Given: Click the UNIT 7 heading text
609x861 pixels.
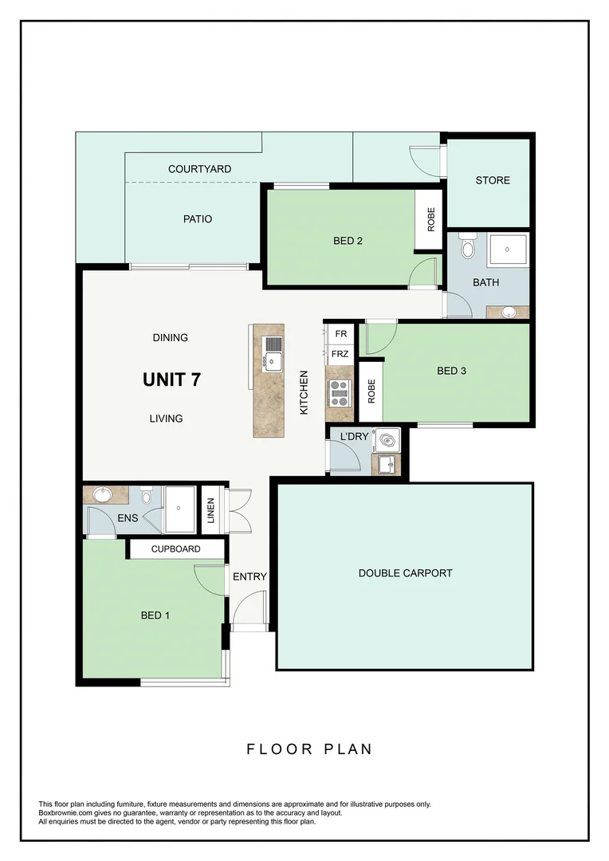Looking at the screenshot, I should click(x=171, y=379).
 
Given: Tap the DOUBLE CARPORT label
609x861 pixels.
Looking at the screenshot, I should click(x=405, y=573).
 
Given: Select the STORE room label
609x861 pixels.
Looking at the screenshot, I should click(x=493, y=180).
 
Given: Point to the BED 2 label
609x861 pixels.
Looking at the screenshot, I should click(x=348, y=241).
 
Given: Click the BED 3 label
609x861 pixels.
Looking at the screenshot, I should click(x=451, y=370).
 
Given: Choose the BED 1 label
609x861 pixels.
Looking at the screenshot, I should click(x=155, y=615).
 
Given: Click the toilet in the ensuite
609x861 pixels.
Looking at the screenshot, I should click(x=146, y=497).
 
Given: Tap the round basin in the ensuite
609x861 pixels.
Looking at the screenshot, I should click(x=102, y=495).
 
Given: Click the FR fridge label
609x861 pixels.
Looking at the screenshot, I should click(x=340, y=333).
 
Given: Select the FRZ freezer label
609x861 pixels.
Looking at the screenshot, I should click(x=340, y=353).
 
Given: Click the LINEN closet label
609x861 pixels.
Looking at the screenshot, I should click(x=211, y=510).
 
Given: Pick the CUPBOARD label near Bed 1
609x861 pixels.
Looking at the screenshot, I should click(x=175, y=549).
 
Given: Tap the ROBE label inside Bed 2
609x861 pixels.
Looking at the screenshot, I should click(x=431, y=219).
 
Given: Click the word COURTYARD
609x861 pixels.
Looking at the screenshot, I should click(x=199, y=169).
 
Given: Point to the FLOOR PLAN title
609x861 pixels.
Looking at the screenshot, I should click(x=309, y=749).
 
